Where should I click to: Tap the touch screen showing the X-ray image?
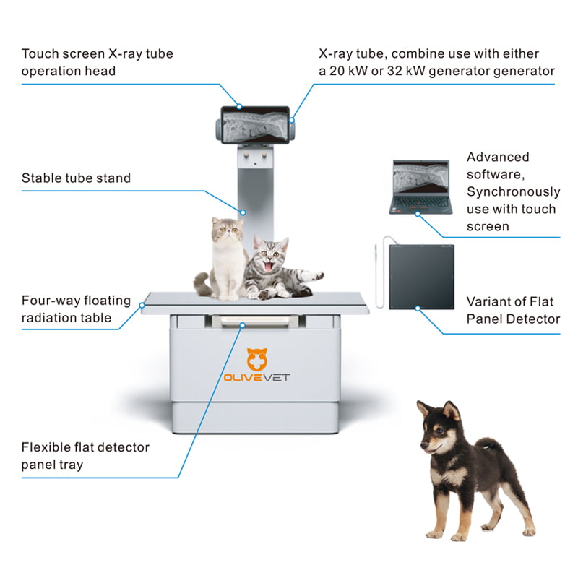pos(256,124)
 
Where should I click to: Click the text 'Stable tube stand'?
pos(76,178)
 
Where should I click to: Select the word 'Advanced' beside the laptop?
pos(497,158)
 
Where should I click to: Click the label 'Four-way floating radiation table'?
pos(76,309)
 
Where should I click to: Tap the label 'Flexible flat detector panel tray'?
pos(85,455)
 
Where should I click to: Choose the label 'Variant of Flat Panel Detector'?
pos(513,311)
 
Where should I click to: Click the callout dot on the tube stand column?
pos(244,212)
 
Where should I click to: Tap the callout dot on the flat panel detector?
pos(418,309)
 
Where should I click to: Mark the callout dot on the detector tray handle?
pos(243,325)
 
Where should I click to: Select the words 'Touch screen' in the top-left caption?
pos(59,54)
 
